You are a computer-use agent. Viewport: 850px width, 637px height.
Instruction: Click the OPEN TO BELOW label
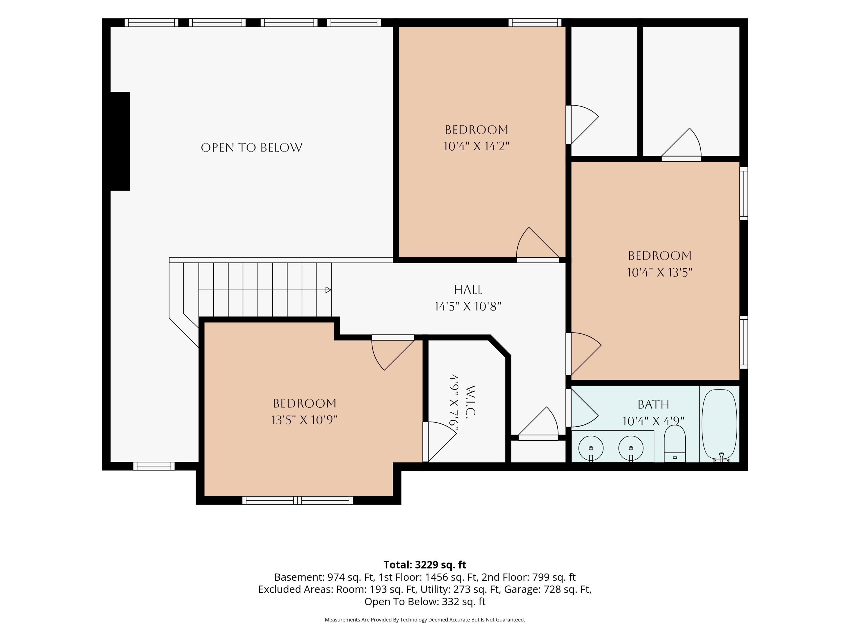[x=252, y=148]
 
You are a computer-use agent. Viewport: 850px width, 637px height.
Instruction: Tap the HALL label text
[x=468, y=290]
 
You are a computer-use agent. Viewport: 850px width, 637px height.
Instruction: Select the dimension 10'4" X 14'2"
[x=477, y=146]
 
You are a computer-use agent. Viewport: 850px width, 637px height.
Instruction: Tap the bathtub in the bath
[x=719, y=426]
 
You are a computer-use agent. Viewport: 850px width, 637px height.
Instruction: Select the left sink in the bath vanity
[x=591, y=448]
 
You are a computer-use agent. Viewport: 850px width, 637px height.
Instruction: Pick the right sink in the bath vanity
[x=631, y=448]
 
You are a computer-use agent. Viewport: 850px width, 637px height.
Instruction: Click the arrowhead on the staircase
[x=328, y=290]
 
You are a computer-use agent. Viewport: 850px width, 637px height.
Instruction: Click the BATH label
[x=654, y=404]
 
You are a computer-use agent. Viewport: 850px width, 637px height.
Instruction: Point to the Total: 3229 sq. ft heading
[x=425, y=565]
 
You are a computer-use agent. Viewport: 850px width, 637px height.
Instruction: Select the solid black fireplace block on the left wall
[x=120, y=141]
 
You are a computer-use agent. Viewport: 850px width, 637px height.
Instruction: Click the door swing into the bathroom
[x=583, y=408]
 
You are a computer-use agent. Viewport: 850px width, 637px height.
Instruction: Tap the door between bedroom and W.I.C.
[x=440, y=442]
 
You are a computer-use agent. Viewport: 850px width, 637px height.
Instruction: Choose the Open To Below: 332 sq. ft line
[x=425, y=602]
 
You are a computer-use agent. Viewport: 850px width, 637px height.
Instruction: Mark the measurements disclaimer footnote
[x=425, y=620]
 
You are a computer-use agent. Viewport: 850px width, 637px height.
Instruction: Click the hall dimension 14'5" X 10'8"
[x=468, y=306]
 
